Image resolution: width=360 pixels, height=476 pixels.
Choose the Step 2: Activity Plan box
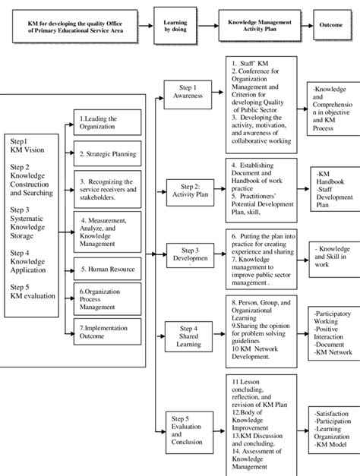[188, 188]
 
